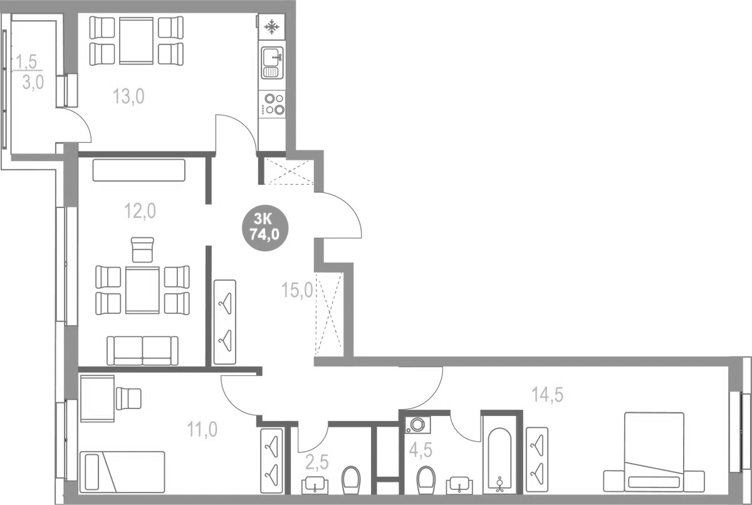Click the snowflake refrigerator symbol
click(272, 28)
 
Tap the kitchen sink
click(272, 63)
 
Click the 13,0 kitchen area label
click(129, 96)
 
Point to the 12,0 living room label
click(140, 211)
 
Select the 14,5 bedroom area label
click(548, 395)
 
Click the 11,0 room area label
click(202, 429)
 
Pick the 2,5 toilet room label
click(317, 464)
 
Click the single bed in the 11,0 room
click(122, 472)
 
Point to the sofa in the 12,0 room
click(142, 350)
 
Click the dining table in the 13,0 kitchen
click(137, 41)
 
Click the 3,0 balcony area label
click(33, 83)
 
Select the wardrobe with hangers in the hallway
click(225, 321)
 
